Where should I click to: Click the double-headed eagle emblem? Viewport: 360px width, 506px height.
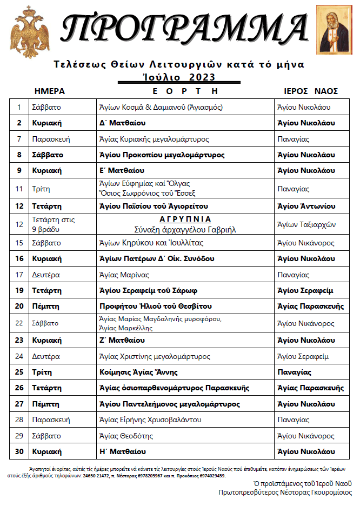(x=26, y=32)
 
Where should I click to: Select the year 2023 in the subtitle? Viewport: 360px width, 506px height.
(x=202, y=77)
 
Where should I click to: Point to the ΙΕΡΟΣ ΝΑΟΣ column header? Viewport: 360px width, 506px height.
(x=310, y=91)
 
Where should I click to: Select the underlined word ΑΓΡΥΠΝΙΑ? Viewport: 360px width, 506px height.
(x=185, y=220)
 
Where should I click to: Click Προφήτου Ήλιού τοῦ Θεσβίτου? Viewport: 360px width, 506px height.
(x=156, y=307)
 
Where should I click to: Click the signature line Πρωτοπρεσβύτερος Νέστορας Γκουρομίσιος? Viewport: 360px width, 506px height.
(x=285, y=492)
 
